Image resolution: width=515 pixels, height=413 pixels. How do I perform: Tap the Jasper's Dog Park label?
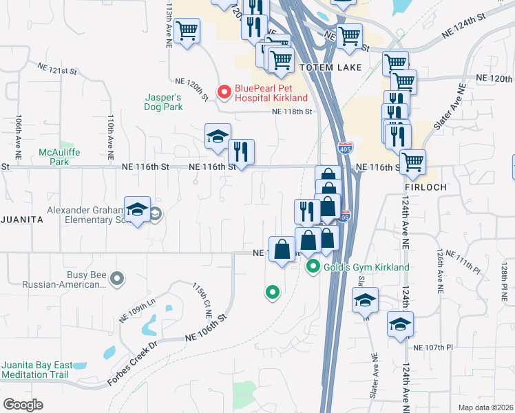[162, 102]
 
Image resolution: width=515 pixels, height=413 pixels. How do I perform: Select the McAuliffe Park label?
[54, 157]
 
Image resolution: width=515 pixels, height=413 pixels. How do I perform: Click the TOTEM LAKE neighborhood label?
[326, 67]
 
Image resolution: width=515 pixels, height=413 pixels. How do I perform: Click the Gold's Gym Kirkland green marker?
[313, 266]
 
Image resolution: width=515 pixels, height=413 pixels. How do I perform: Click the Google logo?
[23, 404]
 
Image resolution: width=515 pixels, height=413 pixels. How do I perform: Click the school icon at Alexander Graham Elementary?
[137, 209]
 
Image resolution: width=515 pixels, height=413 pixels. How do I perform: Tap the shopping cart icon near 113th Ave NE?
[187, 30]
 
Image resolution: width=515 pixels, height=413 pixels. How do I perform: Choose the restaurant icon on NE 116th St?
[241, 151]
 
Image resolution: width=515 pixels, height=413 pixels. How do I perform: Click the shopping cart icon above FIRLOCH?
[412, 162]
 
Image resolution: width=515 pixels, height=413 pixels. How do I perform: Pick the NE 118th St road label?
[292, 112]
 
